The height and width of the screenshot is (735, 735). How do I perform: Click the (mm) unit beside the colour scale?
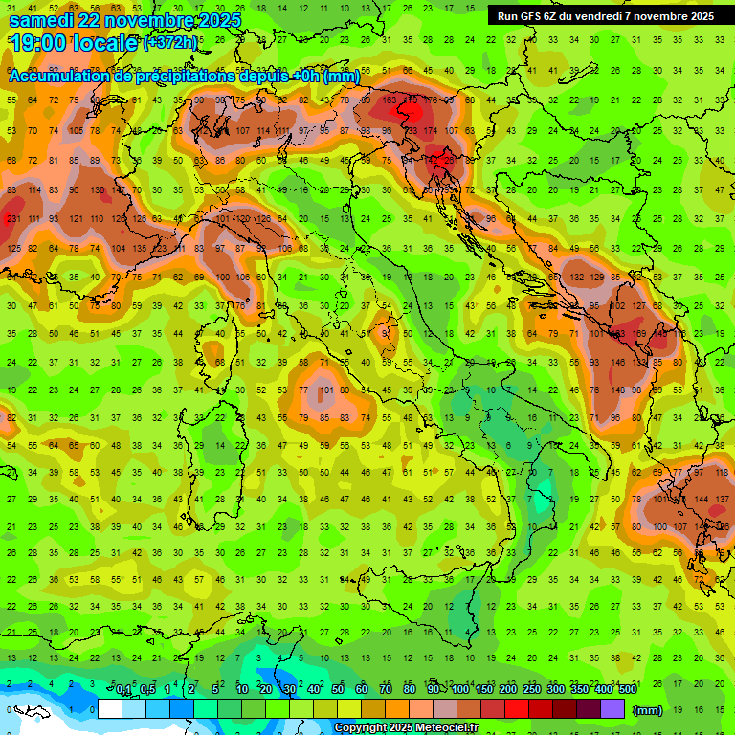[x=648, y=710]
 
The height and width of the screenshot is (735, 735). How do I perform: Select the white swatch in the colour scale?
[x=110, y=709]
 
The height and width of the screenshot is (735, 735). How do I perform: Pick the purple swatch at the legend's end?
[x=612, y=709]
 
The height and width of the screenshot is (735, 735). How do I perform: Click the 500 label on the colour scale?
[x=627, y=690]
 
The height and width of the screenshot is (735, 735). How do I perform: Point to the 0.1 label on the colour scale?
[x=123, y=690]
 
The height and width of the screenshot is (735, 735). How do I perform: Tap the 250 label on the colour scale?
[x=529, y=690]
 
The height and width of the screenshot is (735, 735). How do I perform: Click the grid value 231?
[x=12, y=219]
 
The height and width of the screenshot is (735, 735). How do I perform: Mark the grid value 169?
[x=638, y=334]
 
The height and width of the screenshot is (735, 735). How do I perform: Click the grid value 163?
[x=390, y=100]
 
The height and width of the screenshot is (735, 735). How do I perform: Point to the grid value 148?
[x=617, y=390]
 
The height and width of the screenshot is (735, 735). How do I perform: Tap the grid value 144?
[x=702, y=500]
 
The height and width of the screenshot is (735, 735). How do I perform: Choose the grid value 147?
[x=120, y=190]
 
